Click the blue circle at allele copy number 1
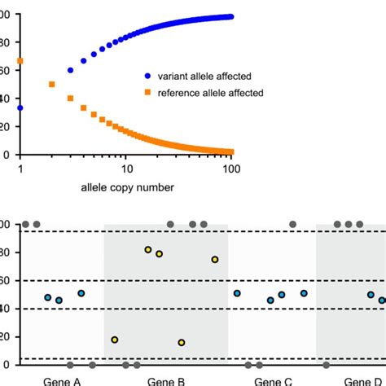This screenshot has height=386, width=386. pyautogui.click(x=20, y=107)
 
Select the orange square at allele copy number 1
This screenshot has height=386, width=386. pyautogui.click(x=20, y=61)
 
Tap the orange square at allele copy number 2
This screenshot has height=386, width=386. pyautogui.click(x=52, y=84)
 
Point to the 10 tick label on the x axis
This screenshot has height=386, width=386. pyautogui.click(x=126, y=168)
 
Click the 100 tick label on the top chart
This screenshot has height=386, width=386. pyautogui.click(x=231, y=168)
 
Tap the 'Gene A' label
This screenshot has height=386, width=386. pyautogui.click(x=62, y=380)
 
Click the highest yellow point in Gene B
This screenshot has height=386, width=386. pyautogui.click(x=148, y=249)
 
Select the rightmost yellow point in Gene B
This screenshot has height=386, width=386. pyautogui.click(x=215, y=259)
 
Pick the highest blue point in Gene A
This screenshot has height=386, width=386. pyautogui.click(x=81, y=293)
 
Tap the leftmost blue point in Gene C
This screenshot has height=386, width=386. pyautogui.click(x=237, y=293)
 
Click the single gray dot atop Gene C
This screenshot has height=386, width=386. pyautogui.click(x=293, y=224)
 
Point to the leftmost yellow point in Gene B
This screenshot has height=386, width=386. pyautogui.click(x=115, y=340)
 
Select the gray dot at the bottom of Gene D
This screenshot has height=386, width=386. pyautogui.click(x=327, y=365)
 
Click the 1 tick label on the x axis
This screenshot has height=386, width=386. pyautogui.click(x=20, y=168)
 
